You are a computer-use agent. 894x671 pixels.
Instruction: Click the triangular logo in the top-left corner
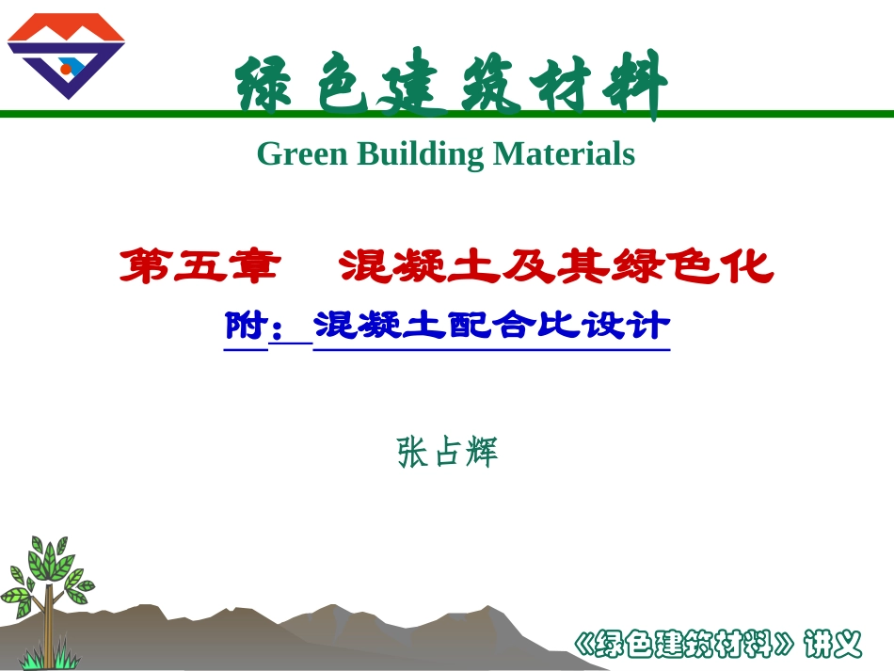(x=66, y=56)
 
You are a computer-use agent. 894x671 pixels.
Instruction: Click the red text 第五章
(x=200, y=267)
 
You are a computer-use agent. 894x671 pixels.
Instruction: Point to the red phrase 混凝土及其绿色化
(x=556, y=267)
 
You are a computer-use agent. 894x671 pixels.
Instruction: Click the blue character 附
(x=245, y=326)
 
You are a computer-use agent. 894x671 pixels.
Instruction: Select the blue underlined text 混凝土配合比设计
(x=491, y=326)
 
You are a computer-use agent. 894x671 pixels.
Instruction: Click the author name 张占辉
(x=447, y=453)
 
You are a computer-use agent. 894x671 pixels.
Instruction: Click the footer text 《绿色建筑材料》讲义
(x=717, y=644)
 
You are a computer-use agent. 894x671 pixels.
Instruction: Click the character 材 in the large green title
(x=562, y=85)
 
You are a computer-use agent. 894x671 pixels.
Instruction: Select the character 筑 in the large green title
(x=487, y=85)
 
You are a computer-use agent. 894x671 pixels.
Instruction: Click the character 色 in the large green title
(x=339, y=85)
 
